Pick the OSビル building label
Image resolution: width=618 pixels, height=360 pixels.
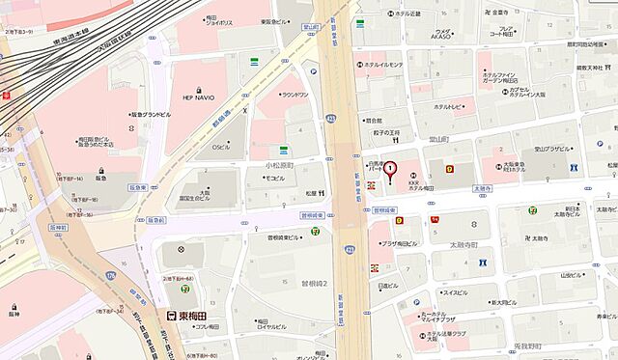coord(221,147)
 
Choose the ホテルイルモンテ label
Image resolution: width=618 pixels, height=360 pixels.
coord(382,65)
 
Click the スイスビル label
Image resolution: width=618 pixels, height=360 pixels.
coord(454,291)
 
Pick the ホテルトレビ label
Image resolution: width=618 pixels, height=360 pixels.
coord(451,106)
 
